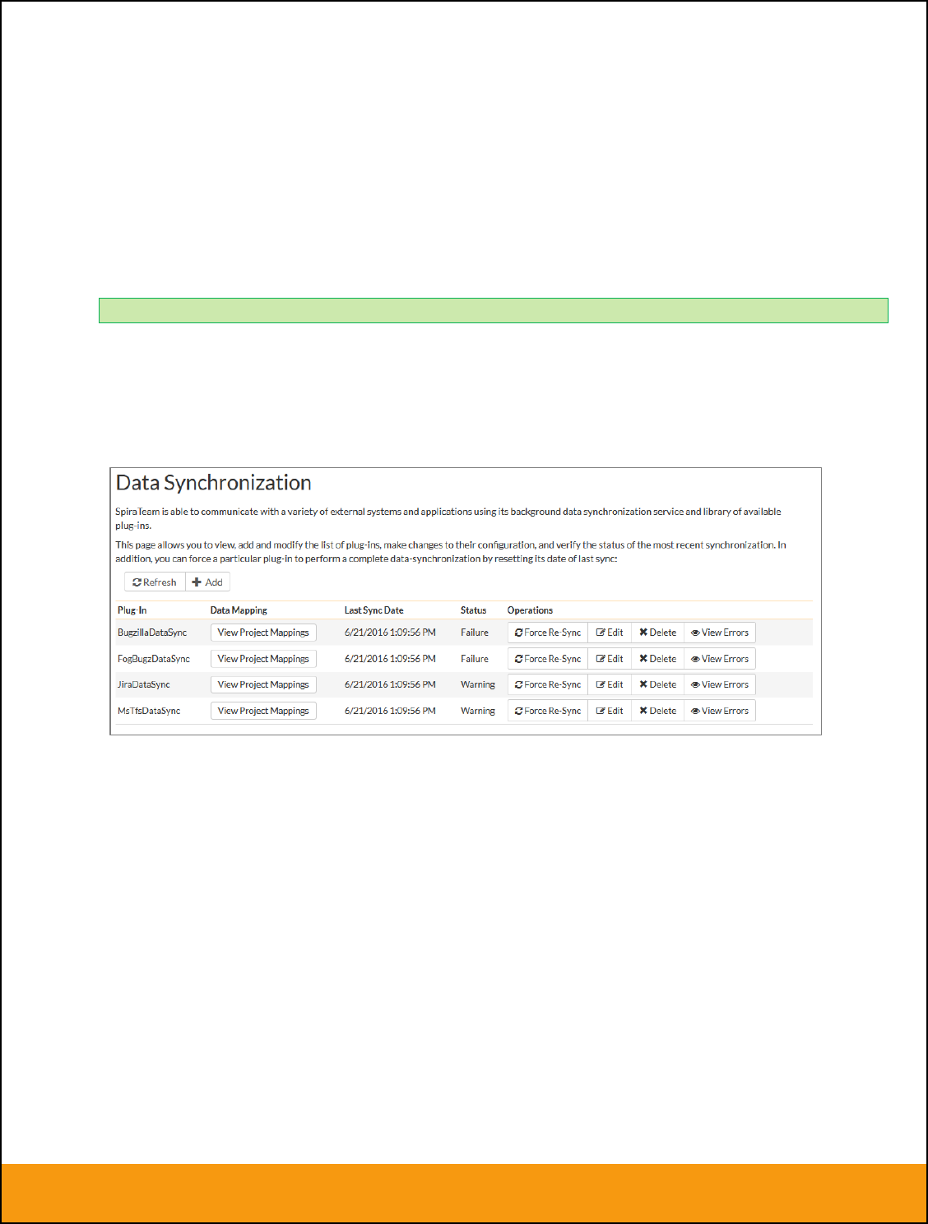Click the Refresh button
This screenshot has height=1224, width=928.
tap(155, 582)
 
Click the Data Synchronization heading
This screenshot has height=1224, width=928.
tap(214, 483)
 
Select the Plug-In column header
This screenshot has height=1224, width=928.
tap(132, 610)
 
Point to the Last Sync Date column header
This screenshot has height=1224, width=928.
tap(374, 610)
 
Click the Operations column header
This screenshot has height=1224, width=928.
tap(530, 610)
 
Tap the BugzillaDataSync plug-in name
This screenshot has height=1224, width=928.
tap(152, 633)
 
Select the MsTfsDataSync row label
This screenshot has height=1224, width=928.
tap(149, 711)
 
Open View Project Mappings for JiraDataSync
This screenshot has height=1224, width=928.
tap(263, 684)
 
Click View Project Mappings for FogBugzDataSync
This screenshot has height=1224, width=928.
tap(263, 659)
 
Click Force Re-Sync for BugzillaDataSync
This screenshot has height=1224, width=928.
tap(548, 633)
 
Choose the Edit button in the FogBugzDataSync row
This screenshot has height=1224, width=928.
tap(610, 659)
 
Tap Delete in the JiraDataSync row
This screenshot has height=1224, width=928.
tap(658, 684)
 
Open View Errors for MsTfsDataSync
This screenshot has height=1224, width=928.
tap(720, 711)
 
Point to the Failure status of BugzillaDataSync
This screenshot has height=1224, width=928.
tap(475, 633)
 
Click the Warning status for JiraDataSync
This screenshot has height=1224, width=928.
tap(478, 684)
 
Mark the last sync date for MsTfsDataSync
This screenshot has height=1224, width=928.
tap(390, 711)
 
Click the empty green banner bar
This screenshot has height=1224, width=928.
tap(494, 310)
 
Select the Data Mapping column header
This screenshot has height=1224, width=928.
tap(239, 610)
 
